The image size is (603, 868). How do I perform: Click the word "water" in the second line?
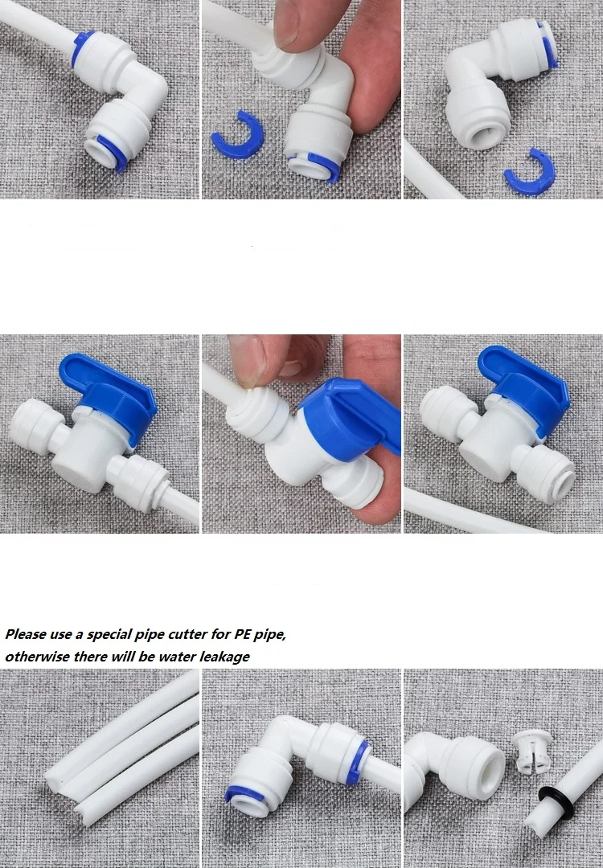177,657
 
